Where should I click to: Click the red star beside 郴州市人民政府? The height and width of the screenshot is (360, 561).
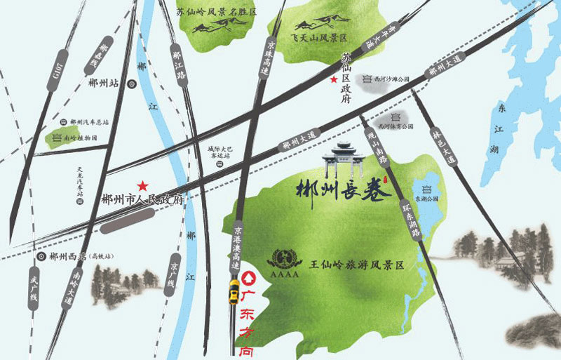(142, 186)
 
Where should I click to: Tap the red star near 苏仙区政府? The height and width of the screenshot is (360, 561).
(334, 80)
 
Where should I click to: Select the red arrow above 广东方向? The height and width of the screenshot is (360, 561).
(248, 279)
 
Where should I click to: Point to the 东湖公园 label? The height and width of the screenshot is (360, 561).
(427, 199)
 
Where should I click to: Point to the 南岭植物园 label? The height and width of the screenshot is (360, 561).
(80, 138)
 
